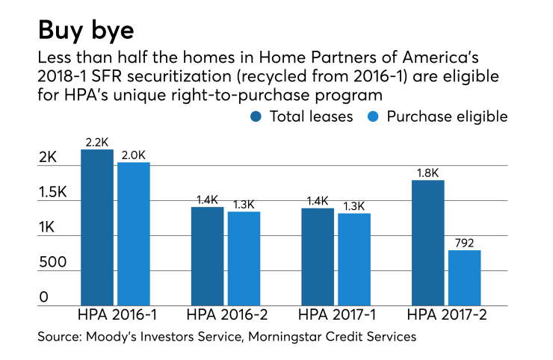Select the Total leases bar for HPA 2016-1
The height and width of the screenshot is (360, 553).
click(x=97, y=227)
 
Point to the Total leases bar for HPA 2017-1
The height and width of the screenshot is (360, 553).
click(x=318, y=257)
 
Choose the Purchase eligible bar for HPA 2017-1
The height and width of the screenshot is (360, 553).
click(x=354, y=259)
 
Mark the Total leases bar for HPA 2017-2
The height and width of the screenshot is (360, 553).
click(x=428, y=243)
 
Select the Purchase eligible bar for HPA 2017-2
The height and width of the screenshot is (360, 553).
click(x=464, y=278)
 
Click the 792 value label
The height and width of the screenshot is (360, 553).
click(x=465, y=242)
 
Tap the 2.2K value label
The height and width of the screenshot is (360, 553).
click(x=97, y=142)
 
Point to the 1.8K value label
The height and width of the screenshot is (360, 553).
click(x=428, y=173)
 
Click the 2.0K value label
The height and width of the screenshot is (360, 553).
click(x=134, y=155)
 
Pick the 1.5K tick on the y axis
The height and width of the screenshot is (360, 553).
click(x=54, y=193)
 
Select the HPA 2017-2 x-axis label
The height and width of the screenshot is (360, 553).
click(x=446, y=314)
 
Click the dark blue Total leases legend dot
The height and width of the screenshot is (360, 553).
click(x=256, y=117)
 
